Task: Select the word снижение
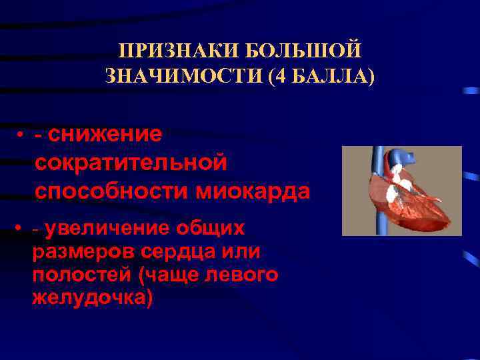pos(105,134)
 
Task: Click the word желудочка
pos(92,297)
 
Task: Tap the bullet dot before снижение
pos(21,135)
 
